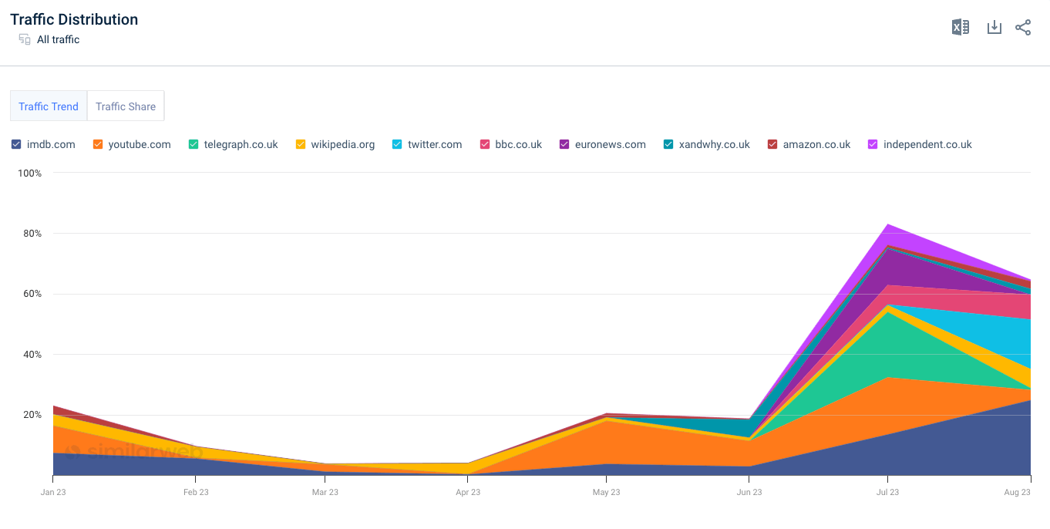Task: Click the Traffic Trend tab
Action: pyautogui.click(x=49, y=106)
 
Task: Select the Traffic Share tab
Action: pyautogui.click(x=126, y=106)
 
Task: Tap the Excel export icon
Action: pyautogui.click(x=960, y=28)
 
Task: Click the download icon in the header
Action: pyautogui.click(x=994, y=28)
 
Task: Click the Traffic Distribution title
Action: pyautogui.click(x=74, y=19)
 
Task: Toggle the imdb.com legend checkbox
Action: pyautogui.click(x=16, y=144)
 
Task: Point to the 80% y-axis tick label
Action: pyautogui.click(x=29, y=234)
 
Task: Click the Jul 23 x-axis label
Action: pyautogui.click(x=887, y=492)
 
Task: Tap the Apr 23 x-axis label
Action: pyautogui.click(x=467, y=492)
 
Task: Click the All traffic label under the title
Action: pyautogui.click(x=58, y=39)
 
